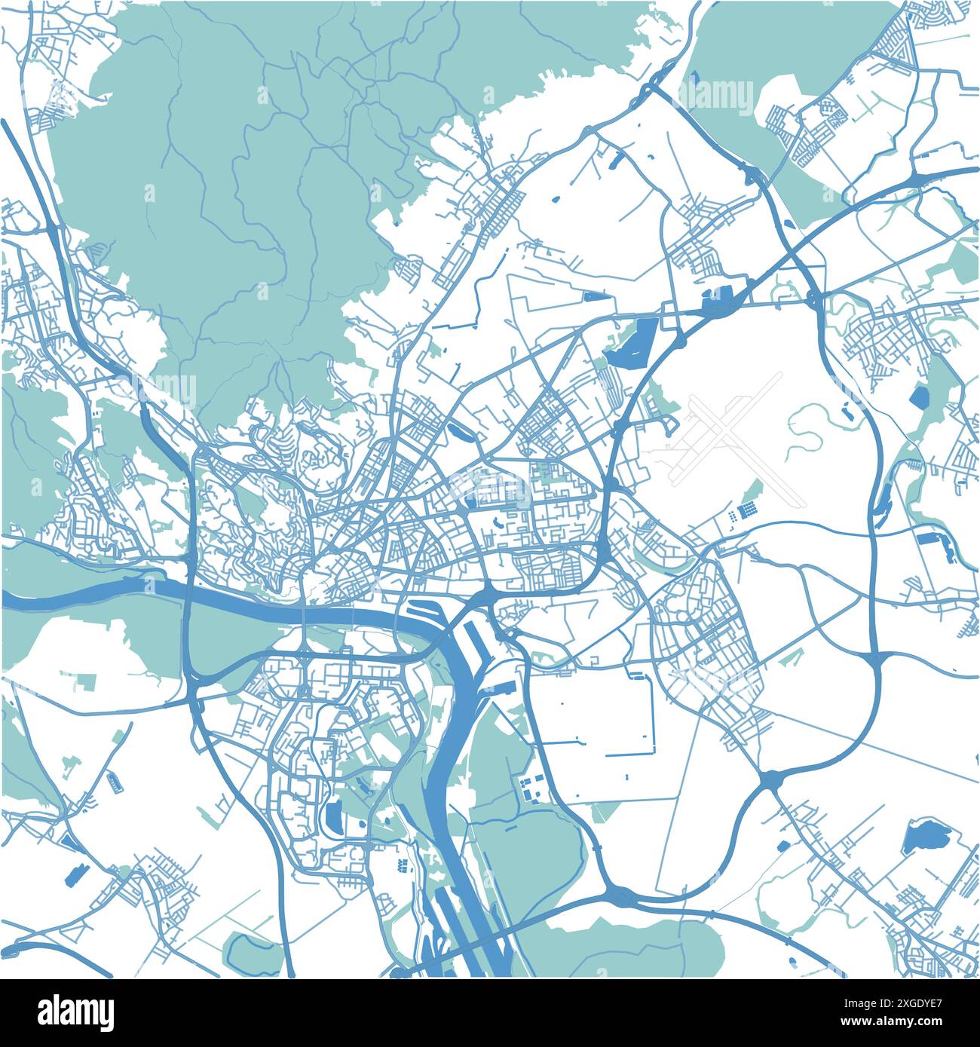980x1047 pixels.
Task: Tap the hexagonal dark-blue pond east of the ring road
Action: click(x=919, y=396)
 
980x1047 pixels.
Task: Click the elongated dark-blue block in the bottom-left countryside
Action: click(x=75, y=874)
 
